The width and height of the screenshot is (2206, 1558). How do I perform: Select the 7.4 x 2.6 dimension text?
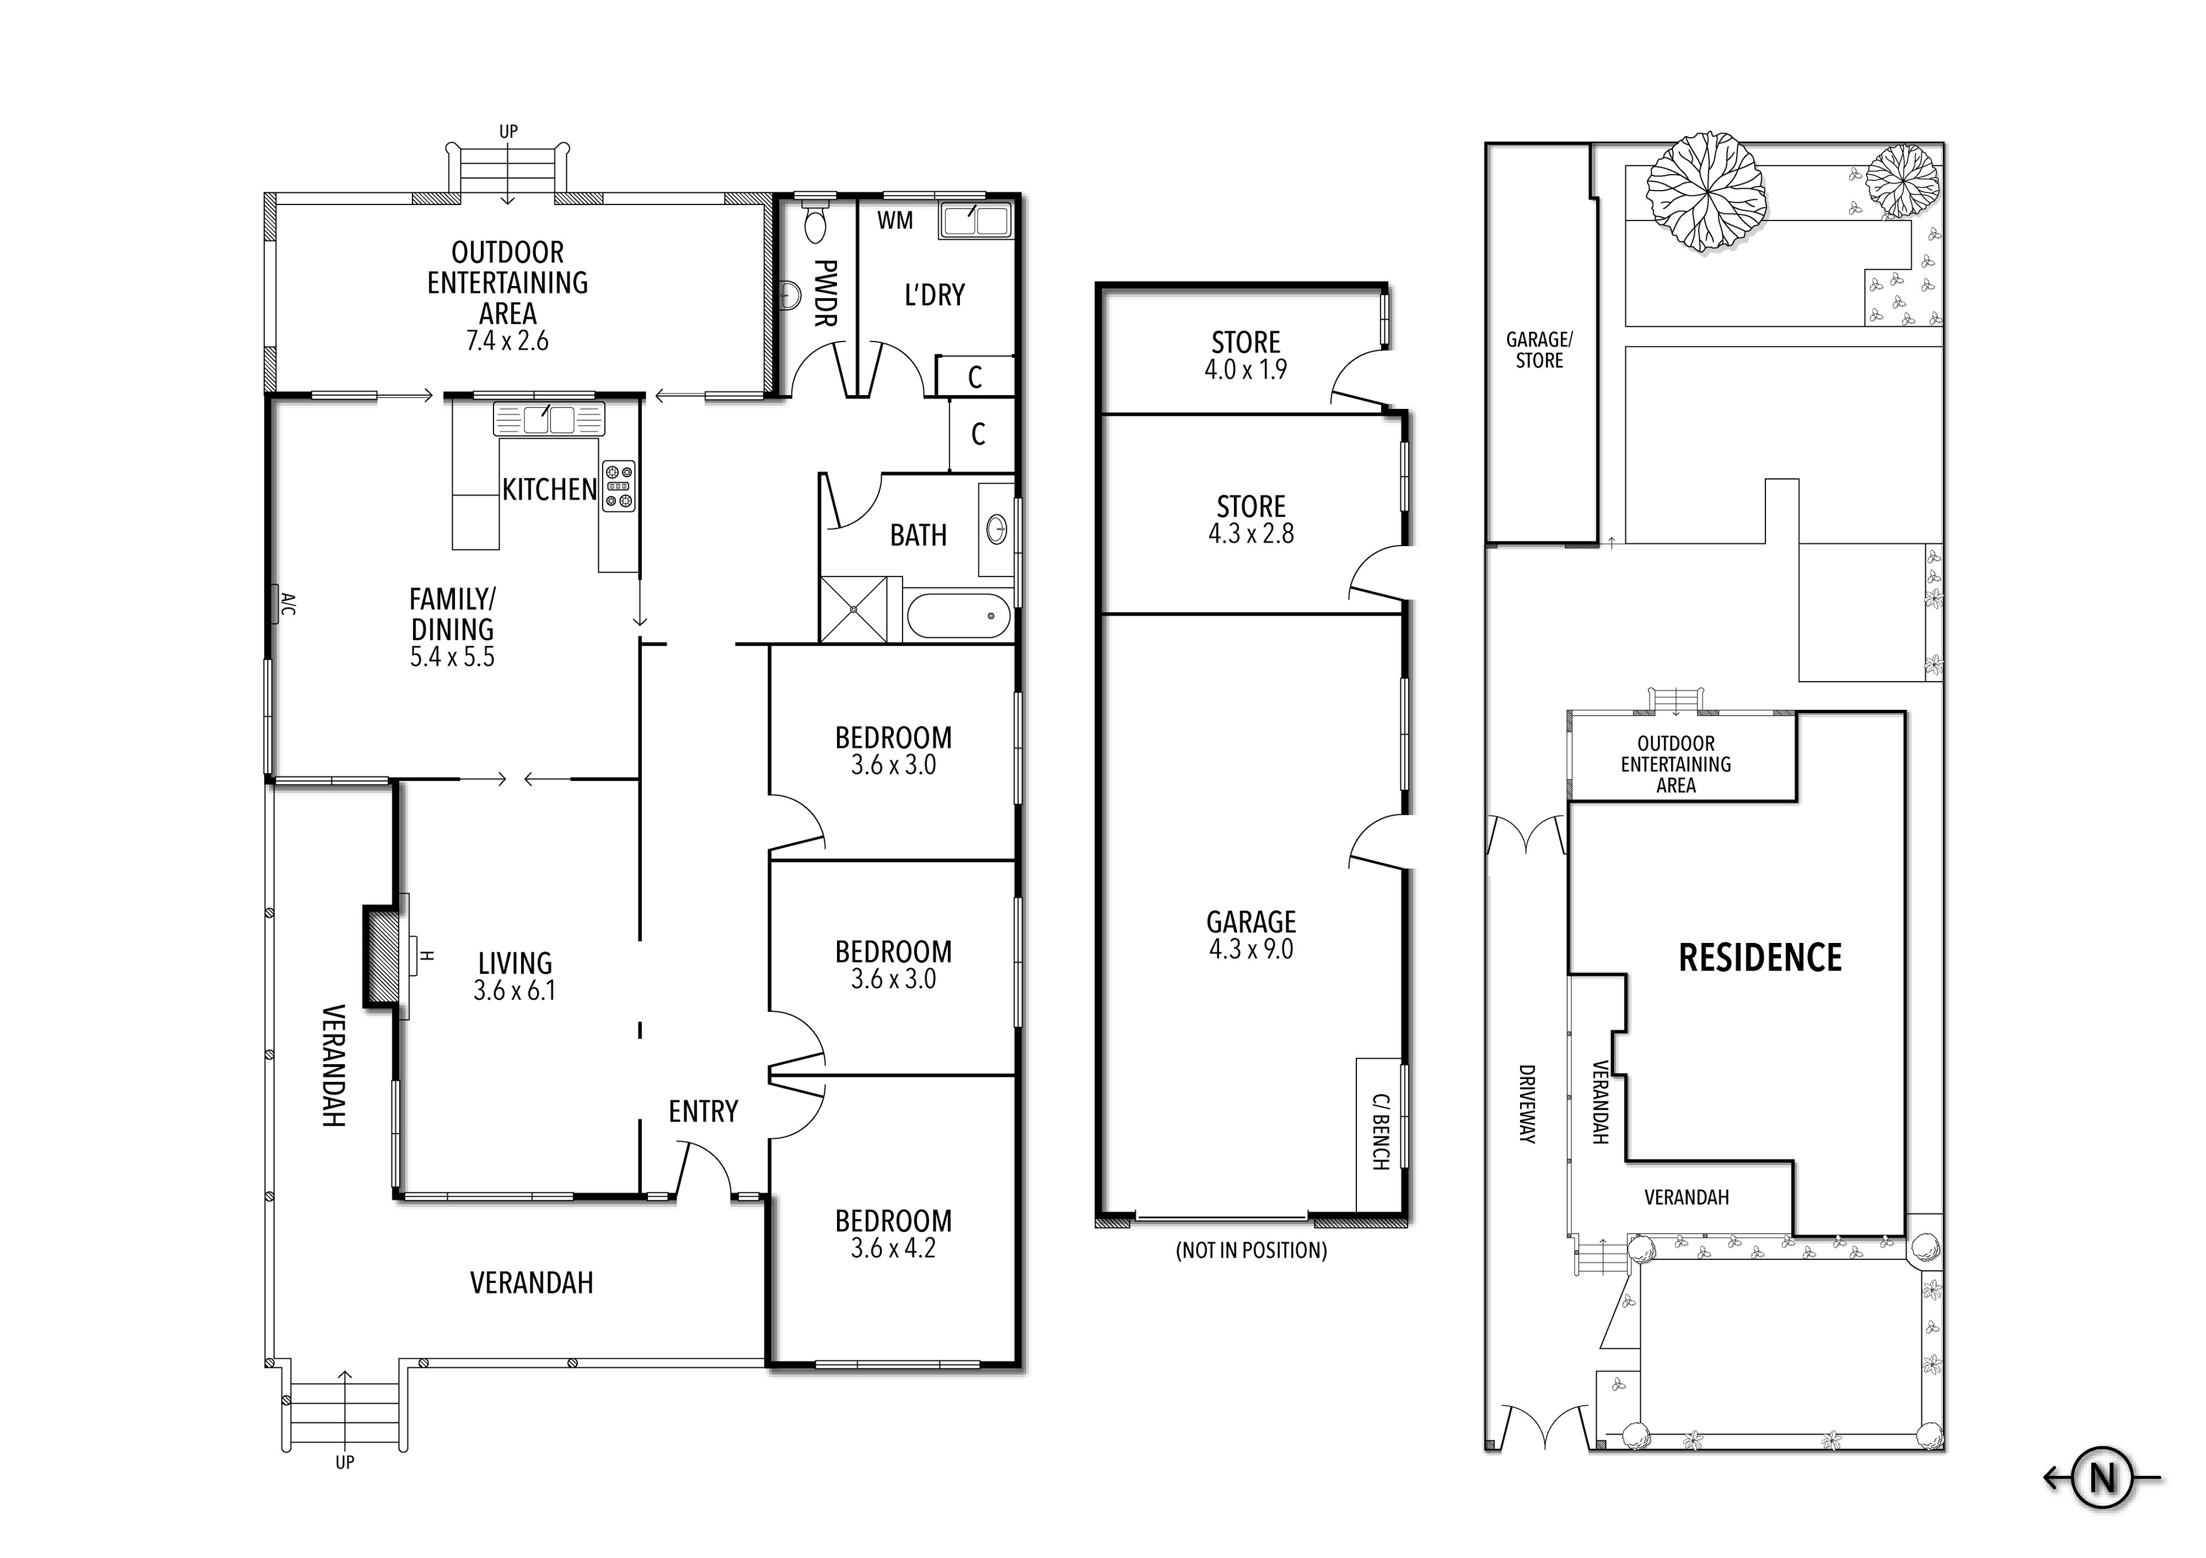[507, 341]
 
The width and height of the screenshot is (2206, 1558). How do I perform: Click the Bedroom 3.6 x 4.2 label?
[893, 1234]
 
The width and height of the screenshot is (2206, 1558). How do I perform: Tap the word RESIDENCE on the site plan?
[1759, 958]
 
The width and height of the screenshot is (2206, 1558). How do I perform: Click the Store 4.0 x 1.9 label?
[1245, 355]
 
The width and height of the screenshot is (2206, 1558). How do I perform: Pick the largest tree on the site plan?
[1706, 193]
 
